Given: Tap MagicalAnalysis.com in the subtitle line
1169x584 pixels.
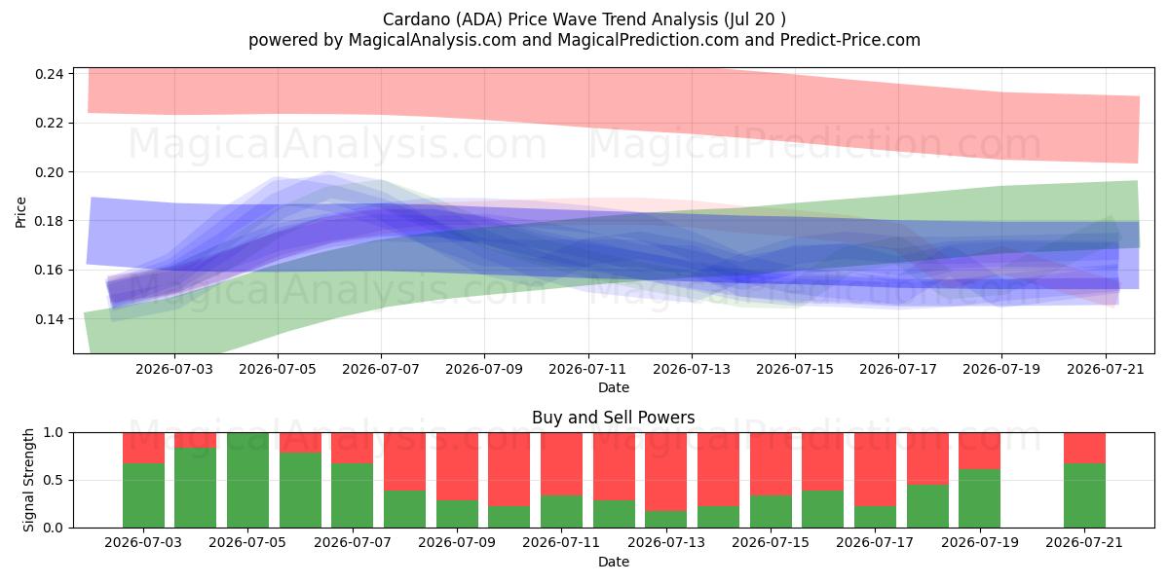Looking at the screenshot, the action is click(x=433, y=40).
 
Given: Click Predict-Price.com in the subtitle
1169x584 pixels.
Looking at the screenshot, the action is click(x=850, y=40).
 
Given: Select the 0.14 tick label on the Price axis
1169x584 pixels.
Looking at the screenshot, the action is click(x=50, y=319).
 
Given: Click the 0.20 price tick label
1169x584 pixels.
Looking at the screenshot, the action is click(x=50, y=172).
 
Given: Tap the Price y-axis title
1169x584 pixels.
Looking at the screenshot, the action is click(x=20, y=212).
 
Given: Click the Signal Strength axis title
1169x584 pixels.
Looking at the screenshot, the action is click(x=28, y=480).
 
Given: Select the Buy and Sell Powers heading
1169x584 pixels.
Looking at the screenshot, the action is click(x=613, y=418).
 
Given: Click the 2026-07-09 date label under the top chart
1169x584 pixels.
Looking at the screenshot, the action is click(x=484, y=369).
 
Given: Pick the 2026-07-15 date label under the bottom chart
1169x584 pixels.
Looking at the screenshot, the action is click(x=771, y=542).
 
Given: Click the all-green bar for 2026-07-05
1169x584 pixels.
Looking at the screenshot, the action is click(x=247, y=480).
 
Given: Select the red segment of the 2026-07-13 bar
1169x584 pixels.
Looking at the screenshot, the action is click(x=666, y=472).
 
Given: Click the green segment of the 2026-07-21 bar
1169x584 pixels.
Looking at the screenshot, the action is click(x=1084, y=495).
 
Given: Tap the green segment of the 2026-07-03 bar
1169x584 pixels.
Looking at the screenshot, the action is click(x=143, y=495).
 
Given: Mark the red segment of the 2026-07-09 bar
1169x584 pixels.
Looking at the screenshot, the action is click(x=457, y=466).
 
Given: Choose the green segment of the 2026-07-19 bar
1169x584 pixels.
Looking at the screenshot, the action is click(x=980, y=498).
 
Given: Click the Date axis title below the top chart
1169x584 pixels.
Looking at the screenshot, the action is click(x=613, y=387).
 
